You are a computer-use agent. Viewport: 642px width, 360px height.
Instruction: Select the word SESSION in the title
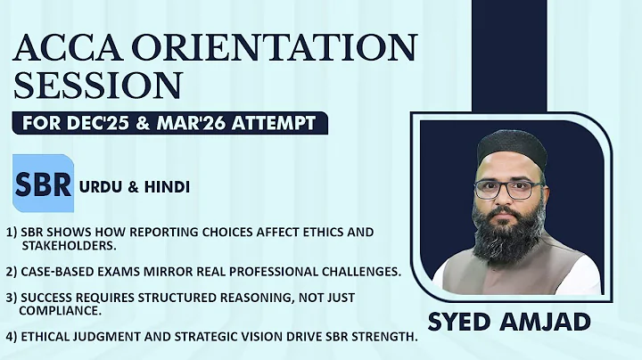click(x=98, y=86)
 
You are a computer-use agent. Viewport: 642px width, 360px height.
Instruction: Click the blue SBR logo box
click(x=43, y=185)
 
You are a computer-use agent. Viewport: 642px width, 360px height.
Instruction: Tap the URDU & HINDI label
click(x=134, y=187)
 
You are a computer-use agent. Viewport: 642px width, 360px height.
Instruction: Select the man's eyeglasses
click(x=508, y=189)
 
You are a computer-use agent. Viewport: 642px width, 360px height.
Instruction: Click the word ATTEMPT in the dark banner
click(x=276, y=122)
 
